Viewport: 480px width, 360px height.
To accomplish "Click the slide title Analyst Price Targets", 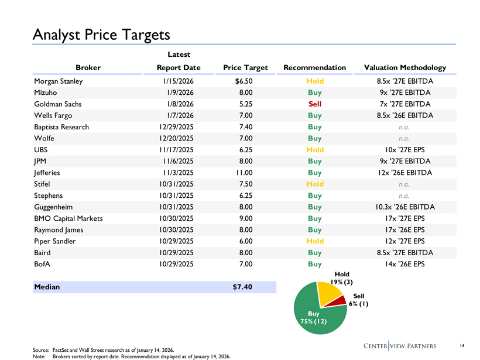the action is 101,35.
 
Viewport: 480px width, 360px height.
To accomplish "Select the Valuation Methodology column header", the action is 405,68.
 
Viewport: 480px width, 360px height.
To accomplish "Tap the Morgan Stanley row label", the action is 59,81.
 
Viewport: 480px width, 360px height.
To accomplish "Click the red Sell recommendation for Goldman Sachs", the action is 315,104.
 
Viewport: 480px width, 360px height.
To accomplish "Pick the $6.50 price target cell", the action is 244,81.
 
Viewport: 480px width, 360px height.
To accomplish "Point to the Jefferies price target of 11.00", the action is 244,173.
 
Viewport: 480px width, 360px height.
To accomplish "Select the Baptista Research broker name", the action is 61,127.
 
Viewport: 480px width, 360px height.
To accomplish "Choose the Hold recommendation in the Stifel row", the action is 315,184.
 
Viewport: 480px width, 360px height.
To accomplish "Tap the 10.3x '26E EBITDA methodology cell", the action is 405,207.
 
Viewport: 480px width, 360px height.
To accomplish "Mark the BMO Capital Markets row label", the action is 68,218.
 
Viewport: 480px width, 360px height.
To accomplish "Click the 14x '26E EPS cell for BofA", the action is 405,264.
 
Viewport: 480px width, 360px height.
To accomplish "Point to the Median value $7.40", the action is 242,287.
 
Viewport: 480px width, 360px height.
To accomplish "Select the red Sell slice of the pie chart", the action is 337,301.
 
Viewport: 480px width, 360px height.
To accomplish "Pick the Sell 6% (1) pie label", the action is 358,300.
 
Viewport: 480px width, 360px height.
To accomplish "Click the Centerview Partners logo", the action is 400,346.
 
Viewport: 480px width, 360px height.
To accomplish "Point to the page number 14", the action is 462,345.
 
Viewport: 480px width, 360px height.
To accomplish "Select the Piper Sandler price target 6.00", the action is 246,241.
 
